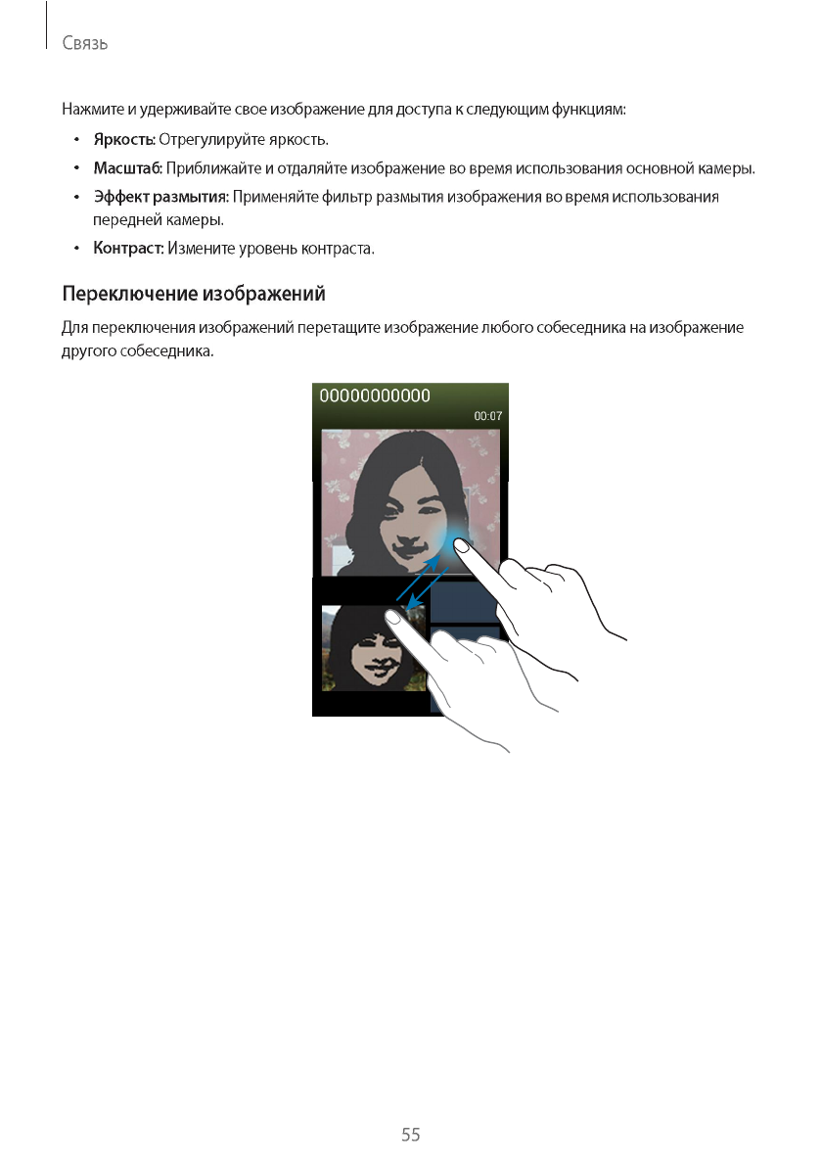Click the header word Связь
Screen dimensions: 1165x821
84,44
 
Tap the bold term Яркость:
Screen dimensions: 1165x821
124,140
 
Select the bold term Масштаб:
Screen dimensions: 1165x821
127,168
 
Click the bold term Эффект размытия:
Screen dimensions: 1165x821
160,197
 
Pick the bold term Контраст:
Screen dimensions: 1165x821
128,249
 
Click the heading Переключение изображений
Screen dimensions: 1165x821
194,294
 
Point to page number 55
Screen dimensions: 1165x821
410,1135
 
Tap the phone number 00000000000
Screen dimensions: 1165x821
376,396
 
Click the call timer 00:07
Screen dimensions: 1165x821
488,416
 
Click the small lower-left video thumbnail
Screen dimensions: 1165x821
368,648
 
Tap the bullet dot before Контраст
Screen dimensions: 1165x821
76,249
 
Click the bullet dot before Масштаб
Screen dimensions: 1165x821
76,168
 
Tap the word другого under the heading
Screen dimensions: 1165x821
88,350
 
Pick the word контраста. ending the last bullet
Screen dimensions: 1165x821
341,249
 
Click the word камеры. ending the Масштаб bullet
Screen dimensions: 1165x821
729,168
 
